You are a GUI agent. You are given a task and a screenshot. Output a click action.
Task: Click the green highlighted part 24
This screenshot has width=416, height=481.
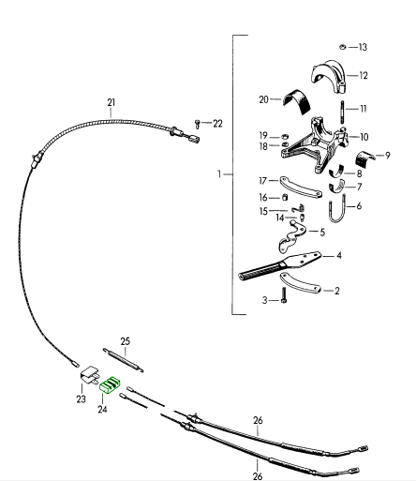point(110,385)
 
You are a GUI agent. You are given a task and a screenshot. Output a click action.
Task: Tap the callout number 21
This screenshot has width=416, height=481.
point(111,102)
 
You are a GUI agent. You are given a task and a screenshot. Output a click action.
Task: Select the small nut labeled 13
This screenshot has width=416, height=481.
point(343,47)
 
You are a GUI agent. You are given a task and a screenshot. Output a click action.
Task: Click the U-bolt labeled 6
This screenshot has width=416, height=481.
point(337,209)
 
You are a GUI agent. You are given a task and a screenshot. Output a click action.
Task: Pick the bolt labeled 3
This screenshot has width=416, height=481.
point(284,295)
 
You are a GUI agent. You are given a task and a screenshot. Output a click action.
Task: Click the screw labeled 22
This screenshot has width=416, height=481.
point(197,124)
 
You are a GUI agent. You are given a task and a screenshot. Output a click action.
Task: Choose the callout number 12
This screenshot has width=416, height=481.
point(364,76)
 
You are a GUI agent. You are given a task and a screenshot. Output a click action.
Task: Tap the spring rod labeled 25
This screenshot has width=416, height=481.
point(123,360)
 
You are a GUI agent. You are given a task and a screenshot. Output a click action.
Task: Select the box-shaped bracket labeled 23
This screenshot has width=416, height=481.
point(90,374)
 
